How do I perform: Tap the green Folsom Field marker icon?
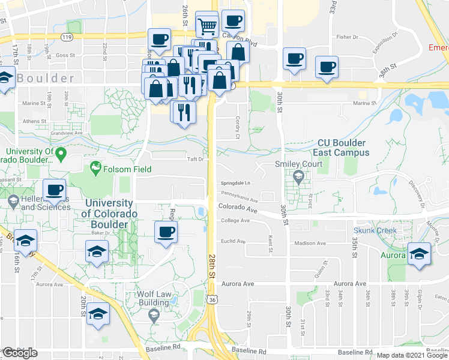point(94,166)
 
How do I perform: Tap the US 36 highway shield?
point(212,298)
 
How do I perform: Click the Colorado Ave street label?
point(238,206)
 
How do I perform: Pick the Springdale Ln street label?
point(236,183)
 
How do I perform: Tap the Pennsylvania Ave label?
point(240,194)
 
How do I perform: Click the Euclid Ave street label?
point(234,242)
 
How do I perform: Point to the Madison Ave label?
point(310,244)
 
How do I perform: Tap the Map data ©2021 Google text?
point(412,355)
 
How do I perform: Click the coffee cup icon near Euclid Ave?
point(166,232)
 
